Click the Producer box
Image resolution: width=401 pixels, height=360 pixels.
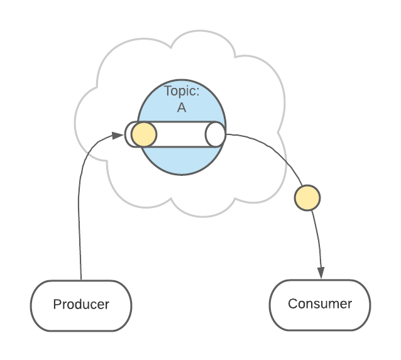[81, 305]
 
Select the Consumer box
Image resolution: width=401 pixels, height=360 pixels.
[320, 305]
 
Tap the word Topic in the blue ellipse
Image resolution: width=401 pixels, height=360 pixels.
[180, 91]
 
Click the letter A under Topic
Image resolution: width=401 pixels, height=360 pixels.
[182, 107]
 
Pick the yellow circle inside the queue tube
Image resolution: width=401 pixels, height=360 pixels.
[144, 134]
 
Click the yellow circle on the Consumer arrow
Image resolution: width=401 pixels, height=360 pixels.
[307, 198]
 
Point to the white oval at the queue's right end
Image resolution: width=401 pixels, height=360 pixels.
[215, 134]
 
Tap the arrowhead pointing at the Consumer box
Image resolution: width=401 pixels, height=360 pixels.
[321, 273]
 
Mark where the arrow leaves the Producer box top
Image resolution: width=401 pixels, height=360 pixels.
[81, 279]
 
